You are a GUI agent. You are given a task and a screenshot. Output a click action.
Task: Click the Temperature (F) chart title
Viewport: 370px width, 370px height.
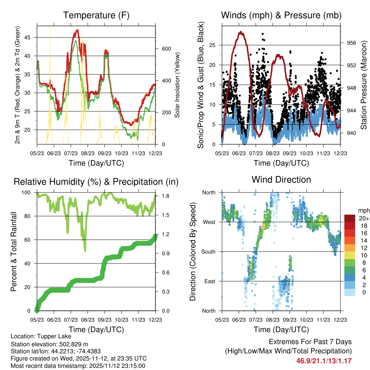[x=96, y=16]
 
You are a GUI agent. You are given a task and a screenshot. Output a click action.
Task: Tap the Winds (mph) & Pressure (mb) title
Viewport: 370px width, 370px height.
[x=281, y=16]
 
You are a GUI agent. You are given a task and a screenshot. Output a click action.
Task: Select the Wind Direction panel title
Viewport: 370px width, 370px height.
[x=281, y=180]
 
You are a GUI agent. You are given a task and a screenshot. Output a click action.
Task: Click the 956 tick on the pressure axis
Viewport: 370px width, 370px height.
[x=352, y=43]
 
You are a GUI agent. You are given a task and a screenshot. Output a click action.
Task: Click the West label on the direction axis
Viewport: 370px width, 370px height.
[x=209, y=222]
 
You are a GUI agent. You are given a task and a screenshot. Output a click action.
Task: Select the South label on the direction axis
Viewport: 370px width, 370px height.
[x=208, y=251]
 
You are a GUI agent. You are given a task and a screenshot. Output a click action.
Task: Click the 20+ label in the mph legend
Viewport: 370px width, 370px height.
[x=363, y=219]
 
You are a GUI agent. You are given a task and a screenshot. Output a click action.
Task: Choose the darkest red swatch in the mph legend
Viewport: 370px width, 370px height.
[x=349, y=219]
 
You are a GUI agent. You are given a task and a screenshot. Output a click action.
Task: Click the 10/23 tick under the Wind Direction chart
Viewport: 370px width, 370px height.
[x=306, y=319]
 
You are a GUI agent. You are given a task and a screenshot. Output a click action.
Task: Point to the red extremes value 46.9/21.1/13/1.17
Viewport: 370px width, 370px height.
[x=324, y=361]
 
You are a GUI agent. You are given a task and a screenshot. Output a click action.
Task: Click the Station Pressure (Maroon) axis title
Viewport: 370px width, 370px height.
[x=364, y=85]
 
